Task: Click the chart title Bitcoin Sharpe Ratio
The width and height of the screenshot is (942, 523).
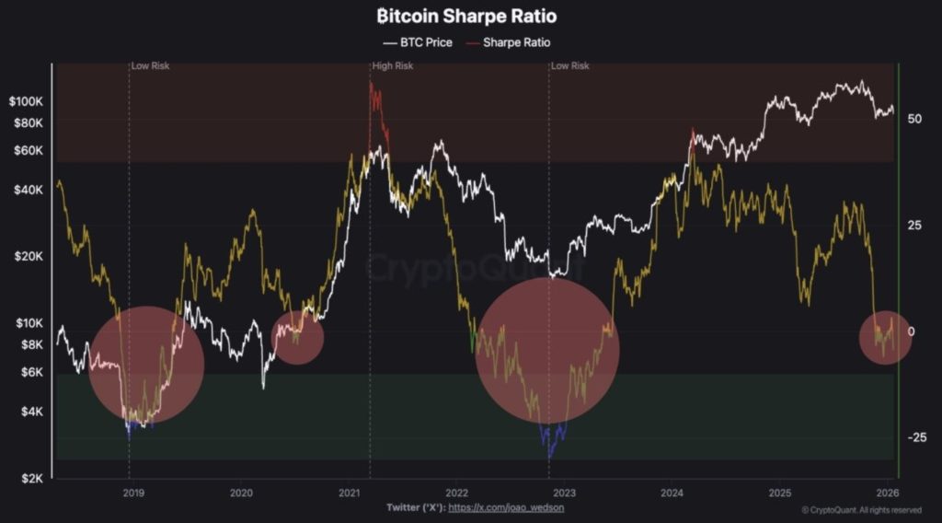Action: click(467, 17)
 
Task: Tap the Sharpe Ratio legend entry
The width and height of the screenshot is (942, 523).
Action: click(508, 42)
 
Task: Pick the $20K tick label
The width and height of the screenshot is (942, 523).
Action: click(34, 256)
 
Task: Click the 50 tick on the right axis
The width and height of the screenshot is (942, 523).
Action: click(914, 119)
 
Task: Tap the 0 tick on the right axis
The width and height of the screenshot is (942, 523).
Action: click(911, 331)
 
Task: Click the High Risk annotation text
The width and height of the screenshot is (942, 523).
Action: click(393, 66)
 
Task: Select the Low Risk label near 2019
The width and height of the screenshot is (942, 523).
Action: click(151, 66)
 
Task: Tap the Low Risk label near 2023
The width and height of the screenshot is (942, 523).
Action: click(571, 66)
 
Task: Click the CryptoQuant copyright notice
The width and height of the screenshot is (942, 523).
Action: click(861, 509)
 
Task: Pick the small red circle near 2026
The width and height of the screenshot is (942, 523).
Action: click(885, 338)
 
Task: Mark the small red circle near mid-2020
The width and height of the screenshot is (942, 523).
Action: click(297, 337)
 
